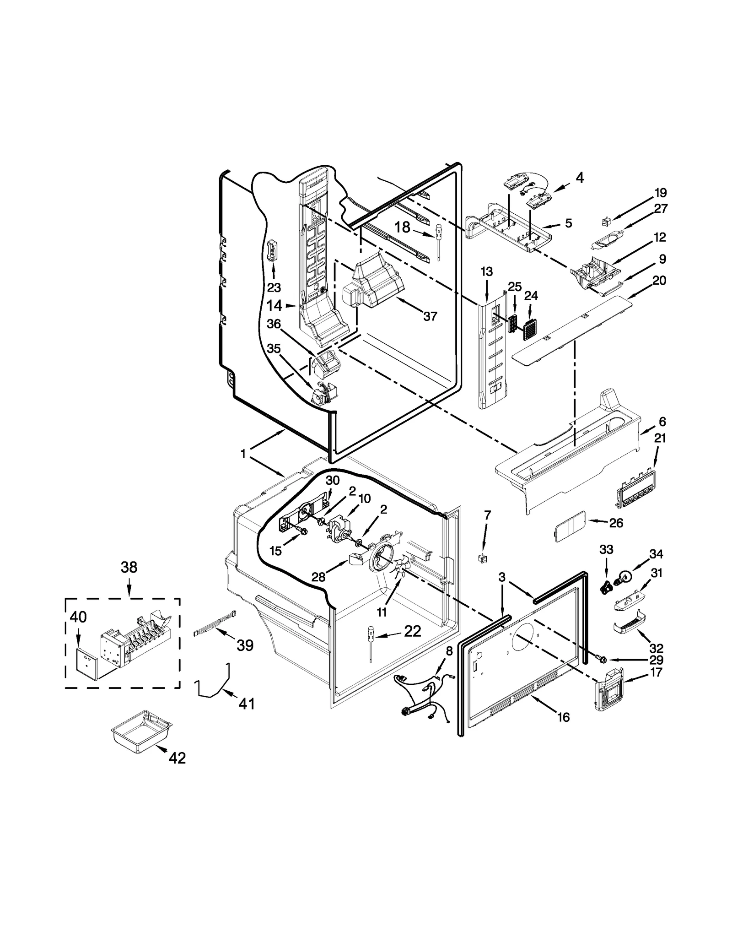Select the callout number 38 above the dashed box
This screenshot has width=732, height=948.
coord(129,568)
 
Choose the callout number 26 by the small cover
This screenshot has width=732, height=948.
coord(616,523)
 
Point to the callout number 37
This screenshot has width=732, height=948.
coord(430,316)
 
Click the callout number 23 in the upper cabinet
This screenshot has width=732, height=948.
coord(274,287)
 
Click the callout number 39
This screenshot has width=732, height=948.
coord(245,645)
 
